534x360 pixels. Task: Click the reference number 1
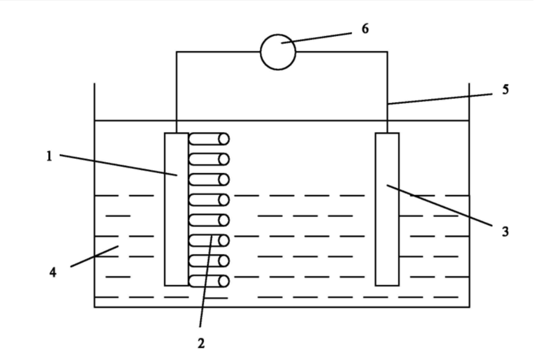click(49, 156)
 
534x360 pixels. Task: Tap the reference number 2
click(201, 343)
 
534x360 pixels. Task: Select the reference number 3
click(505, 232)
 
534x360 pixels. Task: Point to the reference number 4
click(53, 272)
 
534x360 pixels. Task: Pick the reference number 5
click(505, 89)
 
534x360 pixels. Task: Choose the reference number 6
click(365, 29)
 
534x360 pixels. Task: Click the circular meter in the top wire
click(278, 52)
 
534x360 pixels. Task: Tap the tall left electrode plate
click(176, 209)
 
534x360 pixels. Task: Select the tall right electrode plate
click(387, 209)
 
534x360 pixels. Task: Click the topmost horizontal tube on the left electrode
click(209, 139)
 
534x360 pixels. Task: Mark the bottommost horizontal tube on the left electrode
click(209, 281)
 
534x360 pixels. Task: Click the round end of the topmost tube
click(224, 139)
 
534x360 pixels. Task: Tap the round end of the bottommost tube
click(224, 281)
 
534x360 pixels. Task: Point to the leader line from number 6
click(316, 38)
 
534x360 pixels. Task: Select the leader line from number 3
click(439, 205)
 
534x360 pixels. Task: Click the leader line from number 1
click(119, 165)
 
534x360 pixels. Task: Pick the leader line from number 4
click(94, 256)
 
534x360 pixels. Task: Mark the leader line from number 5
click(440, 99)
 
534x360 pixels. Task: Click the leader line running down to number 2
click(206, 281)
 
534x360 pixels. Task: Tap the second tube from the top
click(209, 159)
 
